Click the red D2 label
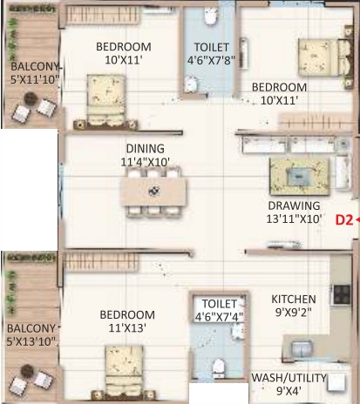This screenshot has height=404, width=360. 344,220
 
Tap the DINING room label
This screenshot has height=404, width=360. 146,149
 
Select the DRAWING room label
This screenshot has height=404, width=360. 294,205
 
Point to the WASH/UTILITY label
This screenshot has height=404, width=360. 289,378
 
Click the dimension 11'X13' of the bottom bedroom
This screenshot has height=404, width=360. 127,328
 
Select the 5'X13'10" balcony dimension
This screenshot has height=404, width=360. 31,341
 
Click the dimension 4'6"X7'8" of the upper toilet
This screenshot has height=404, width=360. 211,60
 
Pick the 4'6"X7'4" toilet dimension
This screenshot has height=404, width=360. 219,317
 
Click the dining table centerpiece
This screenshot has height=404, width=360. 153,191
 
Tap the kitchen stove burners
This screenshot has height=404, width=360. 341,294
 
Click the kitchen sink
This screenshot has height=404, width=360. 302,349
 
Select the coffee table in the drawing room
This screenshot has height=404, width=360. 299,176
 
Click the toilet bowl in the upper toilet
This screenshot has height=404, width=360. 211,16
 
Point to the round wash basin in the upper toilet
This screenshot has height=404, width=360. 191,84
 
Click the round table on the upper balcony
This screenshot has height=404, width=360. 29,99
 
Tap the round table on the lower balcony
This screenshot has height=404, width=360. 27,371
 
